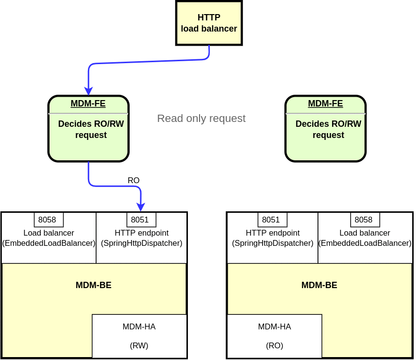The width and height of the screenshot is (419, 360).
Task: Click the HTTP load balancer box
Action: [x=209, y=23]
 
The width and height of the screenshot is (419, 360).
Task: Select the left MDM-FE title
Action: [x=88, y=103]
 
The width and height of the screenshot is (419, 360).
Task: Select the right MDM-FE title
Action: [x=325, y=103]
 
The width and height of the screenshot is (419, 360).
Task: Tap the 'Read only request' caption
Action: [x=201, y=119]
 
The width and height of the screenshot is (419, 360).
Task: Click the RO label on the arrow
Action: [x=134, y=180]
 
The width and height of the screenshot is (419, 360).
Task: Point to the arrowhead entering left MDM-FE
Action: [x=88, y=91]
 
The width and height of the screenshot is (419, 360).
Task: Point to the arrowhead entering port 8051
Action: [x=141, y=207]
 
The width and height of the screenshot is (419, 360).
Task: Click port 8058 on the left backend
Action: [x=49, y=220]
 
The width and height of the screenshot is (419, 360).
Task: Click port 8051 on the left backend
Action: [x=141, y=220]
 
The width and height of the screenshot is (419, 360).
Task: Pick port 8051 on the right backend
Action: [x=272, y=220]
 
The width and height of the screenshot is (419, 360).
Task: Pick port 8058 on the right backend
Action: [x=365, y=220]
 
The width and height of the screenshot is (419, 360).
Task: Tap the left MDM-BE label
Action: [x=94, y=285]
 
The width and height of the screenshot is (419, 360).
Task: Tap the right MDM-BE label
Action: [x=319, y=285]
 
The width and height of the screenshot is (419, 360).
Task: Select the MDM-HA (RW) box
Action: [x=139, y=336]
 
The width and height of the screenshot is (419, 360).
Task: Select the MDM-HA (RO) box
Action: [x=274, y=336]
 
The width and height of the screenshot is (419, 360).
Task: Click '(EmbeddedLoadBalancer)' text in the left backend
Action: [x=49, y=243]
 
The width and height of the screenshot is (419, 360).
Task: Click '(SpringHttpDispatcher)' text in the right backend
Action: [x=272, y=243]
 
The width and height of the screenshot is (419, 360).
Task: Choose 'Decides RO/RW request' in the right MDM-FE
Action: [x=328, y=129]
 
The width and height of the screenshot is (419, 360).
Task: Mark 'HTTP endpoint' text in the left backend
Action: [x=141, y=233]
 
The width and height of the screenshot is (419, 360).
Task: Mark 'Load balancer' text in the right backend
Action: [x=365, y=233]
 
